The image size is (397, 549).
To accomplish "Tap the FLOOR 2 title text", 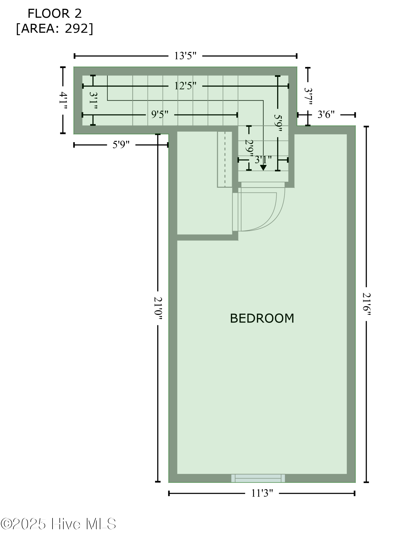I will (x=55, y=14).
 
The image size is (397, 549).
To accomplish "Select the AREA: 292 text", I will (x=55, y=29).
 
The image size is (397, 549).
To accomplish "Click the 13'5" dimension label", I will (x=185, y=56).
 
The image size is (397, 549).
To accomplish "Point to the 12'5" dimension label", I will (x=185, y=86).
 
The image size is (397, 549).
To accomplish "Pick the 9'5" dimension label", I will (x=160, y=114).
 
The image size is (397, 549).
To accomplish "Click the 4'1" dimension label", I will (x=63, y=100).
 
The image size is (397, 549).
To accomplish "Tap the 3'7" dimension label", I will (x=308, y=96).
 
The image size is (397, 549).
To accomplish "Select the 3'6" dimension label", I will (x=326, y=114).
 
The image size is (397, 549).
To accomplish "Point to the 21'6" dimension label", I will (x=366, y=304).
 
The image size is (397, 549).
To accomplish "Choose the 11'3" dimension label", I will (x=262, y=493).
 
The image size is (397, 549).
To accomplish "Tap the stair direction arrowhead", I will (x=263, y=167).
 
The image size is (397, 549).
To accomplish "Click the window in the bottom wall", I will (x=258, y=478).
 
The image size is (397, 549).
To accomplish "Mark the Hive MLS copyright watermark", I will (x=58, y=524).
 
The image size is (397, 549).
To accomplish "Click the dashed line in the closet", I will (x=225, y=159).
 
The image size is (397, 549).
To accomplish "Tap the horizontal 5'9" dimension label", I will (x=121, y=145).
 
